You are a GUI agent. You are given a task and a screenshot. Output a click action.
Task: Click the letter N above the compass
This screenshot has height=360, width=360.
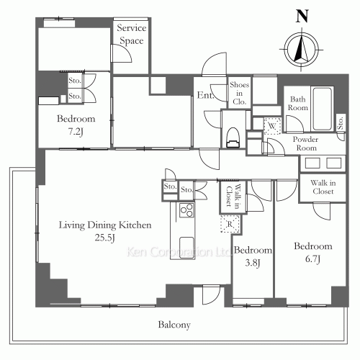coord(302,17)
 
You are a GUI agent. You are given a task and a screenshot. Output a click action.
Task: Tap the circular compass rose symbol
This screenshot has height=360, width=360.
coord(301,50)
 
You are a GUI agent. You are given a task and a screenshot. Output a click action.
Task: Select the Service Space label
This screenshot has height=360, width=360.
coord(132,34)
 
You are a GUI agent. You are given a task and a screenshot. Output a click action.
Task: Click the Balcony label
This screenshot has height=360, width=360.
coord(174,325)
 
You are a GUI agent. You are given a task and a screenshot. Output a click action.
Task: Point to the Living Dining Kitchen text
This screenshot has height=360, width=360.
coord(105,225)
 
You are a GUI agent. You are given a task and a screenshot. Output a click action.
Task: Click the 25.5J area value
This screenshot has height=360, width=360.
coord(105,238)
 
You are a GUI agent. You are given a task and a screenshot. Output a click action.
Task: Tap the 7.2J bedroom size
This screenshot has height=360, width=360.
coord(76,132)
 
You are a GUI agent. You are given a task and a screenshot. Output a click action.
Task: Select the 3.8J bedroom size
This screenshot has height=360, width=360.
coord(253,263)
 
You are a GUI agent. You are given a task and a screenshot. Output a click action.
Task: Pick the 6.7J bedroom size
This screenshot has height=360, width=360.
coord(313,259)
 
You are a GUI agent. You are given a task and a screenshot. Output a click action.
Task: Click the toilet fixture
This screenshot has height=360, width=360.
coord(233,137)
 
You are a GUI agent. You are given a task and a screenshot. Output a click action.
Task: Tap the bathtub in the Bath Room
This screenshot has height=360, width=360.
coord(323,109)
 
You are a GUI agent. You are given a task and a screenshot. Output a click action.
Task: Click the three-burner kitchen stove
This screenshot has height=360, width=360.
coord(186,210)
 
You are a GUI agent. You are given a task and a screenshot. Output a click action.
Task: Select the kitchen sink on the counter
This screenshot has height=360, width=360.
coord(186,248)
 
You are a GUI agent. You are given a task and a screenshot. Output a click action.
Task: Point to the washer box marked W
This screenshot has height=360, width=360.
coord(272,125)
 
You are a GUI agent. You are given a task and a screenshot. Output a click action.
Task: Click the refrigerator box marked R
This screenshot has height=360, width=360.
coord(230,224)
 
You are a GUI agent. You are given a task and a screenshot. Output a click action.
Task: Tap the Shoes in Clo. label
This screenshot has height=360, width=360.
coord(239,93)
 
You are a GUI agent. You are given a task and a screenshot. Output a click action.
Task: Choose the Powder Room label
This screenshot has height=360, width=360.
coord(306,143)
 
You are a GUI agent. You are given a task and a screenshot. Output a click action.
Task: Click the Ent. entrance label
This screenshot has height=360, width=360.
coord(205,95)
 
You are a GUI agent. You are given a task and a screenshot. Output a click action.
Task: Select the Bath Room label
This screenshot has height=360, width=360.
coord(298,103)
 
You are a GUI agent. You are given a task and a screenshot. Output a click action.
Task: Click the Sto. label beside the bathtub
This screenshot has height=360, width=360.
coord(341,123)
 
